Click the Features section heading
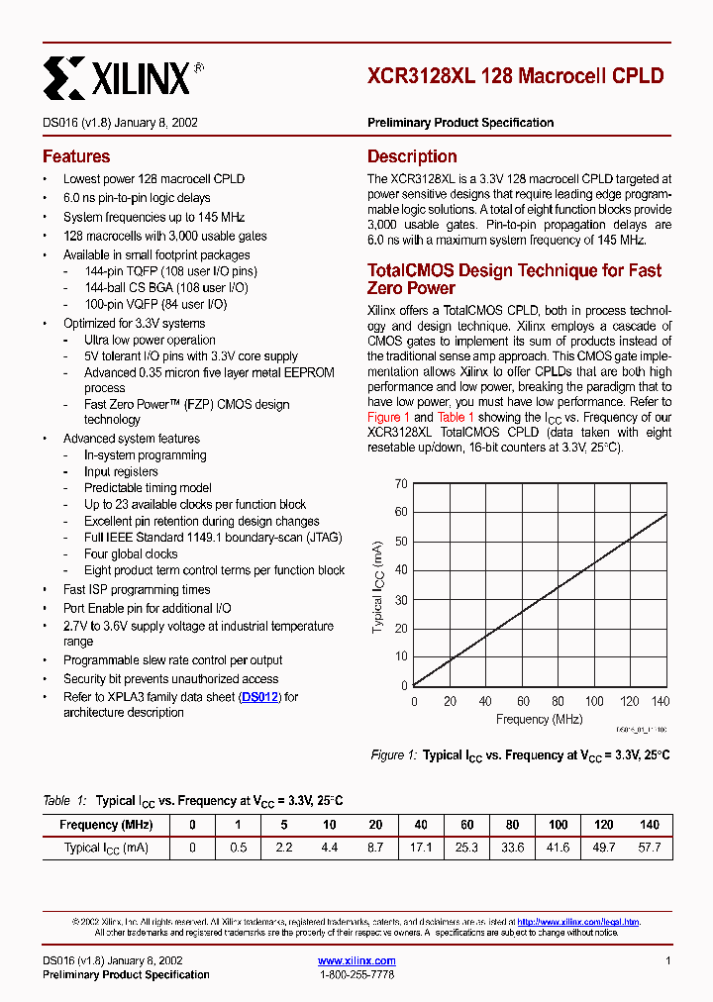point(76,156)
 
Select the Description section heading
point(412,156)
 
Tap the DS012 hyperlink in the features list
point(261,697)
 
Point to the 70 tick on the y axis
point(401,484)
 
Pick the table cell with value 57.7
point(649,848)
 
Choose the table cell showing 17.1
point(421,848)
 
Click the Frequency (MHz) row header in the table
point(106,825)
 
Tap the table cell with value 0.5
point(239,848)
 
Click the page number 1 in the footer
point(668,960)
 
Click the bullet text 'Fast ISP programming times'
point(137,589)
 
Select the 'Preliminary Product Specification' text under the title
point(460,123)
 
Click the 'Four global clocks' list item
point(131,554)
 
